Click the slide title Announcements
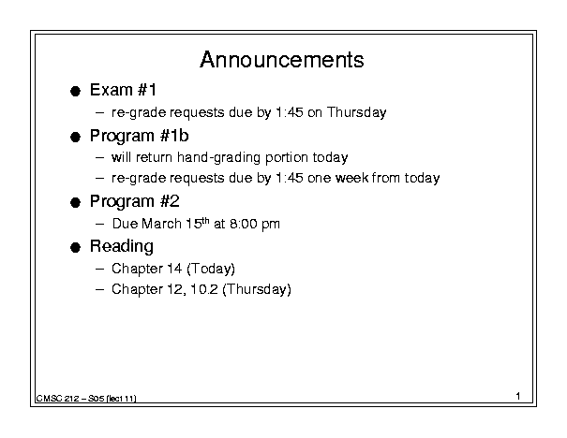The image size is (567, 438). pos(282,60)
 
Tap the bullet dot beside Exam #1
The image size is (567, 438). pos(75,91)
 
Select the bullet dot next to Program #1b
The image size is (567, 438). pos(75,137)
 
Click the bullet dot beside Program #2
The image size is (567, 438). pos(75,202)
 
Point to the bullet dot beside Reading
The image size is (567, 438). pos(75,247)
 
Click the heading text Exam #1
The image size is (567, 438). pos(123,90)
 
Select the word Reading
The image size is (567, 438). pos(122,247)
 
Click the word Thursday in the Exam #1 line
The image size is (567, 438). pos(356,112)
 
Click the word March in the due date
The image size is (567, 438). pos(161,224)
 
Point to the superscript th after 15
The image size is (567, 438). pos(205,221)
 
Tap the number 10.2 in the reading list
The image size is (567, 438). pos(204,289)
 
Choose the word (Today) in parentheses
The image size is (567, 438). pos(211,269)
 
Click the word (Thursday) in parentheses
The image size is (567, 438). pos(257,289)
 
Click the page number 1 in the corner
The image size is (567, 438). pos(518,396)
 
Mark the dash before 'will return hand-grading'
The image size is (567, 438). pos(99,157)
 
